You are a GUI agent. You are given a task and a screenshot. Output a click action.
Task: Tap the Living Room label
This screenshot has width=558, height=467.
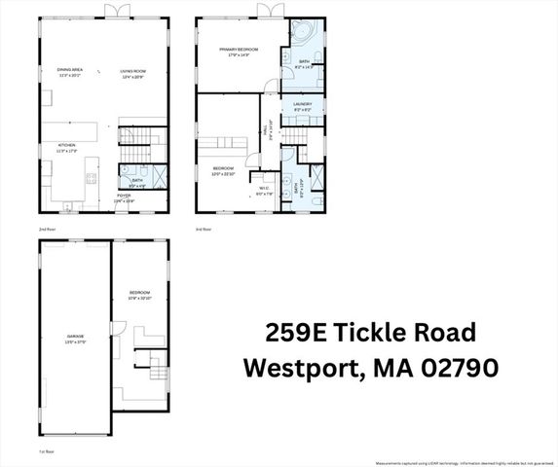[x=132, y=72]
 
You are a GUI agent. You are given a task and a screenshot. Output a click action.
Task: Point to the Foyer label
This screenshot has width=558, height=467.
[x=124, y=198]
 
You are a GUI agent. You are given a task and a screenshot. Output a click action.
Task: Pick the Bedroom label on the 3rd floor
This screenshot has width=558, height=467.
[x=224, y=170]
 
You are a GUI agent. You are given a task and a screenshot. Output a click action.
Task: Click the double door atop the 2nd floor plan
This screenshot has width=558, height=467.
[x=118, y=11]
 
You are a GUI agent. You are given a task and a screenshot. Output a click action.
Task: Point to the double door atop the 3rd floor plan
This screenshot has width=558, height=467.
[x=268, y=11]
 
